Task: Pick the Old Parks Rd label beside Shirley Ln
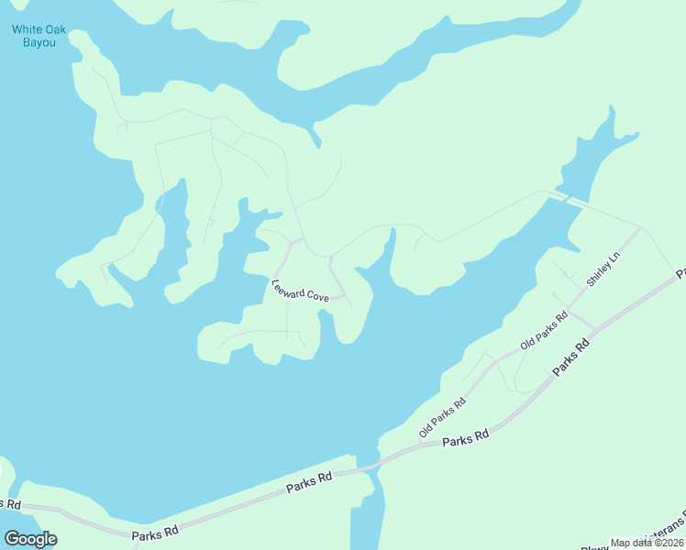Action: [544, 331]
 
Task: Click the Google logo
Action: [30, 538]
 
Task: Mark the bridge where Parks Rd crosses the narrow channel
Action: [367, 467]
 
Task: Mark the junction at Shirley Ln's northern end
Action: [641, 227]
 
